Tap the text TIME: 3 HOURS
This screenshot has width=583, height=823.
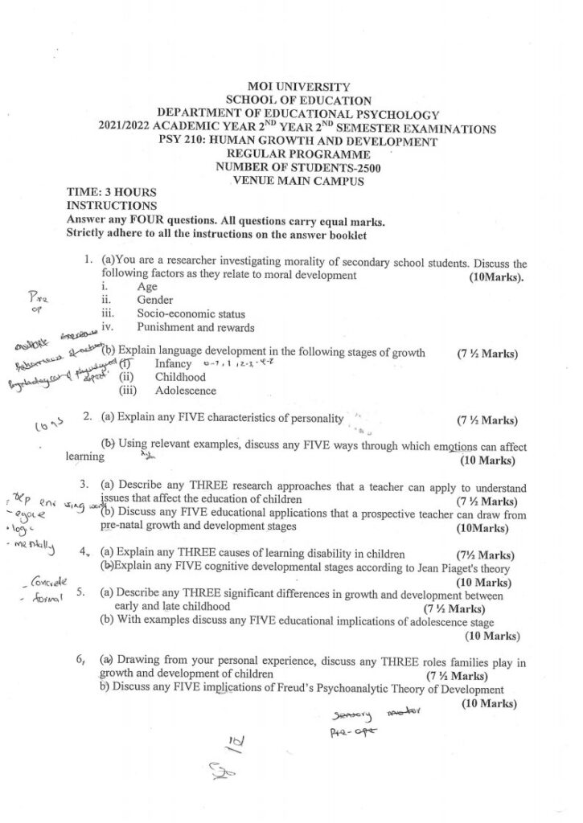(111, 194)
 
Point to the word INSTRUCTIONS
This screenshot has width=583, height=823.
(105, 206)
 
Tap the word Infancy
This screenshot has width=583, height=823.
(173, 364)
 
